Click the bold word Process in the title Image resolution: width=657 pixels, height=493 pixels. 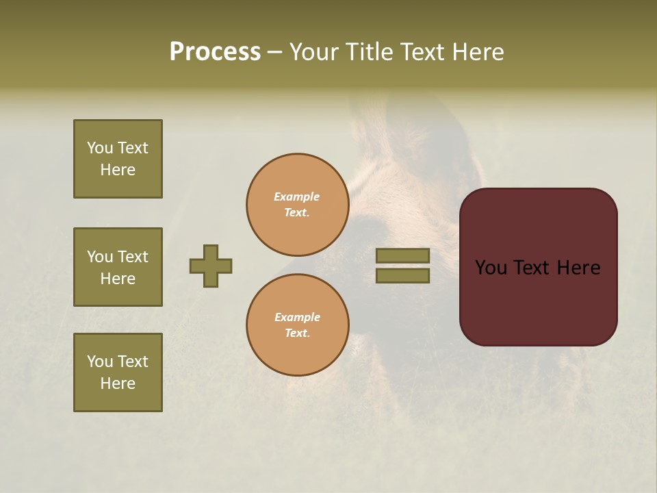pyautogui.click(x=215, y=52)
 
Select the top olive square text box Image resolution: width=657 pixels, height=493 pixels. pyautogui.click(x=118, y=159)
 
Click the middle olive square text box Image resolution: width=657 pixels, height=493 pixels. pyautogui.click(x=118, y=267)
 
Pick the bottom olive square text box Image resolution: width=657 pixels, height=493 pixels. pyautogui.click(x=118, y=372)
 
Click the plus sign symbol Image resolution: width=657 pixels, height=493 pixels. pyautogui.click(x=211, y=266)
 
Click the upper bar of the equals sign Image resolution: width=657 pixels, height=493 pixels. pyautogui.click(x=402, y=255)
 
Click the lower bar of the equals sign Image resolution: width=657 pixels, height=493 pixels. pyautogui.click(x=402, y=276)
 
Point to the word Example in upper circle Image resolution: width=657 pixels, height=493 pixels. pyautogui.click(x=297, y=197)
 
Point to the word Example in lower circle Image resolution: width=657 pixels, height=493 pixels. pyautogui.click(x=297, y=317)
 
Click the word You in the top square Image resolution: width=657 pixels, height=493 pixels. pyautogui.click(x=100, y=148)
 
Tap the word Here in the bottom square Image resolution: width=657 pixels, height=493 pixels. pyautogui.click(x=118, y=383)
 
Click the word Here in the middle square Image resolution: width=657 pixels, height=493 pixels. pyautogui.click(x=118, y=279)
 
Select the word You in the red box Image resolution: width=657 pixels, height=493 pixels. pyautogui.click(x=491, y=268)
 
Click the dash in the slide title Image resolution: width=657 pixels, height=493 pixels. pyautogui.click(x=275, y=53)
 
